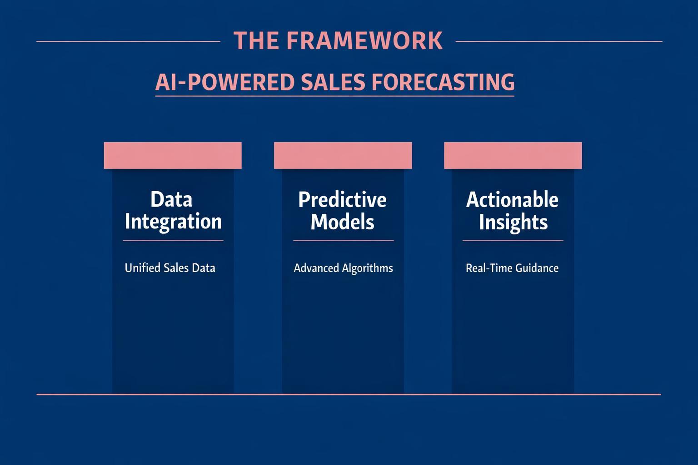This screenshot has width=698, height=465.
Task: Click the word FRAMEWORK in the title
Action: tap(364, 41)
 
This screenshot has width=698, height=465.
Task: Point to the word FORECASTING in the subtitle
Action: tap(443, 82)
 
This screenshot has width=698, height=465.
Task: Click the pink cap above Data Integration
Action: tap(173, 155)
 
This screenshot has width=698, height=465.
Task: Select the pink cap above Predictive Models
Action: tap(343, 155)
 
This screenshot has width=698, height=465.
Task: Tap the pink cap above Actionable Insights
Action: tap(513, 155)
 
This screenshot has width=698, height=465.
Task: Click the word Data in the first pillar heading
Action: tap(171, 199)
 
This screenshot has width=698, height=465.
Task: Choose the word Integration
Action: tap(173, 222)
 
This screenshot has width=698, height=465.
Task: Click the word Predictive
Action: tap(342, 200)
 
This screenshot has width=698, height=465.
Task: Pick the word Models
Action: tap(342, 222)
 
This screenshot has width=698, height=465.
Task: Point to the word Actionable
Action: tap(512, 200)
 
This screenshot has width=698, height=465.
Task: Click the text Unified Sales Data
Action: tap(170, 268)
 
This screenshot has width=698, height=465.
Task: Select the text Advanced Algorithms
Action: tap(343, 268)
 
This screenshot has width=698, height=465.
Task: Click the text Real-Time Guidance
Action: tap(512, 268)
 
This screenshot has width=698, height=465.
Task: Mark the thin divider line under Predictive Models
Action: tap(343, 240)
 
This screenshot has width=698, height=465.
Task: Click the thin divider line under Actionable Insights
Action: tap(513, 240)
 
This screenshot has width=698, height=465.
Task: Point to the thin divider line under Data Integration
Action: tap(173, 240)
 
